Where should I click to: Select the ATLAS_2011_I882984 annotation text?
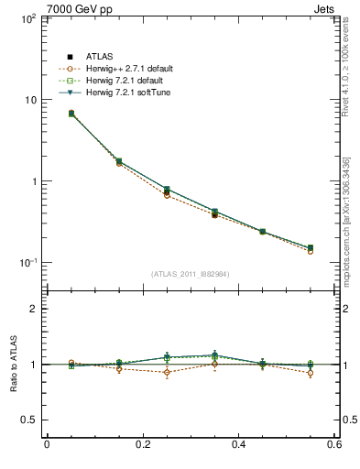(191, 274)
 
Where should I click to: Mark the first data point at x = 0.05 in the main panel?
(71, 114)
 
